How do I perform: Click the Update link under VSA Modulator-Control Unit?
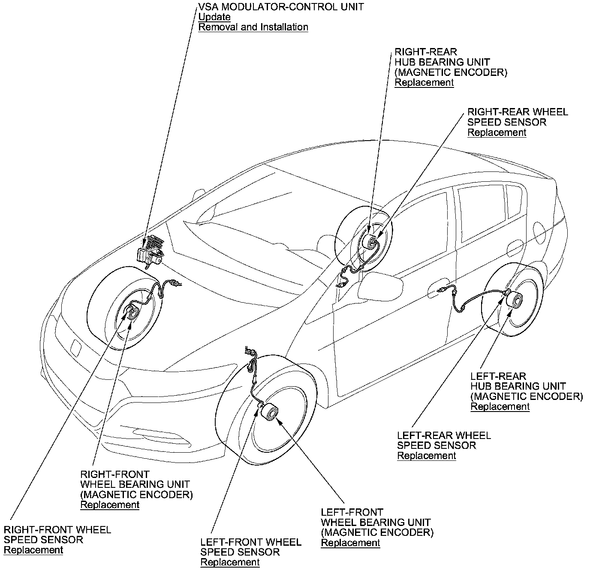pos(214,17)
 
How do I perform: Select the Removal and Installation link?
pos(253,27)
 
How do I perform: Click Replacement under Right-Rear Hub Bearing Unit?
pos(424,83)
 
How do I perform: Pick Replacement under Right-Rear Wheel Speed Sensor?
pos(497,132)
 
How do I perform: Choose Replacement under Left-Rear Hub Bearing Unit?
pos(500,407)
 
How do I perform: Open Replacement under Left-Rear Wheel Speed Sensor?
pos(427,456)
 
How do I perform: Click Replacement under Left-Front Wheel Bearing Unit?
pos(350,543)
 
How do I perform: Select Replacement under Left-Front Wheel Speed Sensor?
pos(230,562)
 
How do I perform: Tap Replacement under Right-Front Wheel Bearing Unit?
pos(110,505)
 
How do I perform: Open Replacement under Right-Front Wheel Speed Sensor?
pos(33,550)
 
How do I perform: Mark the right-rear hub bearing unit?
pos(370,243)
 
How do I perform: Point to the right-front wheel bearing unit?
pos(132,313)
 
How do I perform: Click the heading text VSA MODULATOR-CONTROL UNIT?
pos(281,7)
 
